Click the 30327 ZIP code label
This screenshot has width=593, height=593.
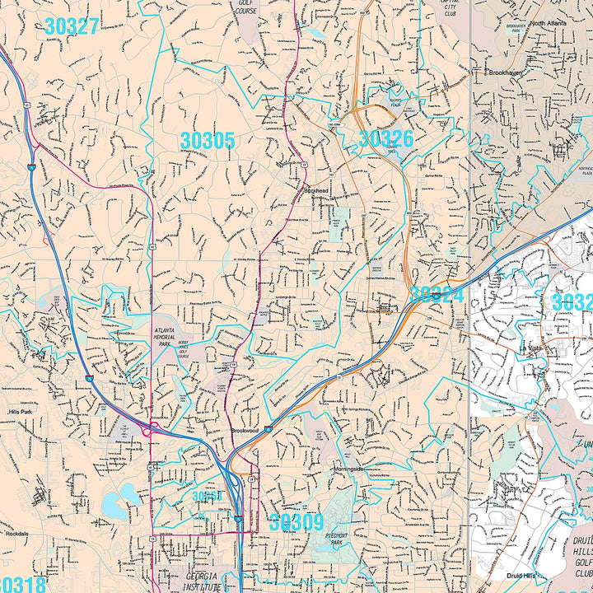tap(72, 26)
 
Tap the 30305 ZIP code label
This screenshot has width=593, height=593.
tap(208, 141)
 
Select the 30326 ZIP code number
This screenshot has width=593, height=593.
tap(385, 138)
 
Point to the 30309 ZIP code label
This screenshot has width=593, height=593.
tap(296, 522)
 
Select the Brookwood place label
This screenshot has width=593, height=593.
tap(245, 431)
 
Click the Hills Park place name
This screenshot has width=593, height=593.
tap(19, 410)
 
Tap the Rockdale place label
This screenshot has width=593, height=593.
tap(16, 534)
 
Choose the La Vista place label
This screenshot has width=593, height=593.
tap(534, 348)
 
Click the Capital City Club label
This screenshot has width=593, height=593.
tap(450, 7)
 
